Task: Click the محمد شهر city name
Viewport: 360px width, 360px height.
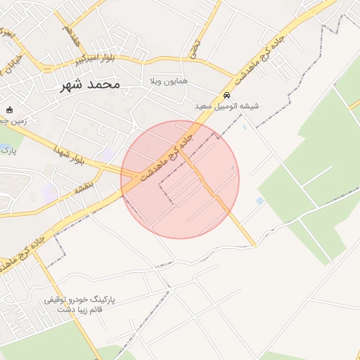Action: tap(86, 84)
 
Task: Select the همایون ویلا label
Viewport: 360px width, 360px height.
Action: tap(168, 82)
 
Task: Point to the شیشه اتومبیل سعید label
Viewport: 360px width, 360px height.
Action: tap(226, 106)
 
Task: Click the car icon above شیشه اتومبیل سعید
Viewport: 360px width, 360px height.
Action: tap(226, 95)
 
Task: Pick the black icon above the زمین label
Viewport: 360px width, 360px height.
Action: tap(10, 110)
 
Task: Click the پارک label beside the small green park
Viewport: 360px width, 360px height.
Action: tap(6, 149)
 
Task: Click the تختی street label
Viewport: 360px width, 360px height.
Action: tap(194, 49)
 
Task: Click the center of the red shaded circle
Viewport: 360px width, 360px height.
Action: tap(180, 179)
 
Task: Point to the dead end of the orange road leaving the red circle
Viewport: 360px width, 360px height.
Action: tap(255, 246)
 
